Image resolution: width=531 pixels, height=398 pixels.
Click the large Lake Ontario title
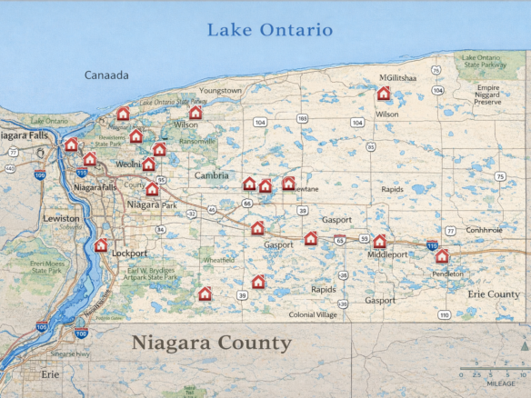point(270,30)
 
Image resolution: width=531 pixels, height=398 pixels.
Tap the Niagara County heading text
point(211,343)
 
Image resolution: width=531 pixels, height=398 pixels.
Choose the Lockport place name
point(128,254)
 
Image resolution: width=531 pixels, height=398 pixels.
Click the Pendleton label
point(447,274)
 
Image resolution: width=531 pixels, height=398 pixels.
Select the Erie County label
point(494,294)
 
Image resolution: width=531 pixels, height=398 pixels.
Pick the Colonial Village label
point(313,314)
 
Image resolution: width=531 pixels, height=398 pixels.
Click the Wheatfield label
point(217,259)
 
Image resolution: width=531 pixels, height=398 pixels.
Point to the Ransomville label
point(197,141)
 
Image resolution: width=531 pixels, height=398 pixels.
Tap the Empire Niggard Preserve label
point(488,95)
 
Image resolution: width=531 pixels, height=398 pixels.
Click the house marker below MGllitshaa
point(384,94)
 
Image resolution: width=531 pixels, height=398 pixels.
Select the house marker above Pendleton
point(442,256)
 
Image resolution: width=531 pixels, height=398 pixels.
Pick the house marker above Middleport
point(380,241)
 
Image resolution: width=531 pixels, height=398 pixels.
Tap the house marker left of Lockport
point(101,245)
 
